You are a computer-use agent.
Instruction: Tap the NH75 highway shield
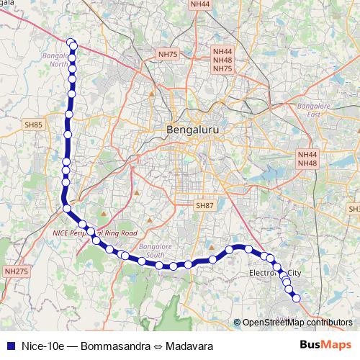tap(168, 53)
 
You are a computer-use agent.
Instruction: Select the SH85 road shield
tap(34, 125)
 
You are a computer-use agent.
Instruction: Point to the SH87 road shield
tap(205, 205)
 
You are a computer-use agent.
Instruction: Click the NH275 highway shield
tap(16, 271)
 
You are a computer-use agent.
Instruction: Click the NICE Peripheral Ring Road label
tap(95, 233)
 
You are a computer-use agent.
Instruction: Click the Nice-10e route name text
tap(42, 346)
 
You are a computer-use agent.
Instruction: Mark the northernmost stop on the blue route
tap(71, 42)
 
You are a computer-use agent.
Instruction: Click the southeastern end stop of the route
tap(295, 298)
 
